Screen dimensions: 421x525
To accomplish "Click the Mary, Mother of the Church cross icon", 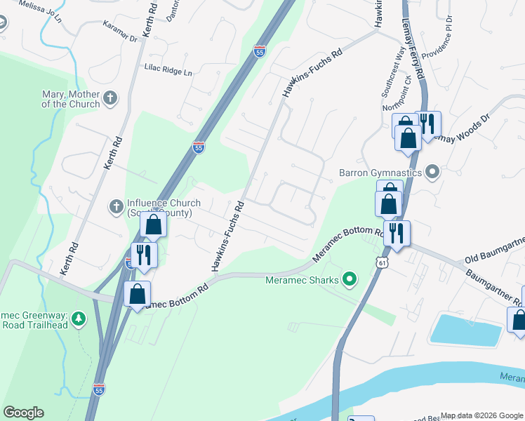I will (x=110, y=98).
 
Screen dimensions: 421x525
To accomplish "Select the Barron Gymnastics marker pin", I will (x=432, y=171).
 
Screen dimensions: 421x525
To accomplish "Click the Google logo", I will (x=23, y=413).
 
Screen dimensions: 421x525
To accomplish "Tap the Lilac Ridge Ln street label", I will (x=168, y=72).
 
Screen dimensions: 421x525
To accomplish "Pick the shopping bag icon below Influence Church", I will (x=153, y=225).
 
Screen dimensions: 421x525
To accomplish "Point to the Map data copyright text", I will (x=480, y=415).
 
